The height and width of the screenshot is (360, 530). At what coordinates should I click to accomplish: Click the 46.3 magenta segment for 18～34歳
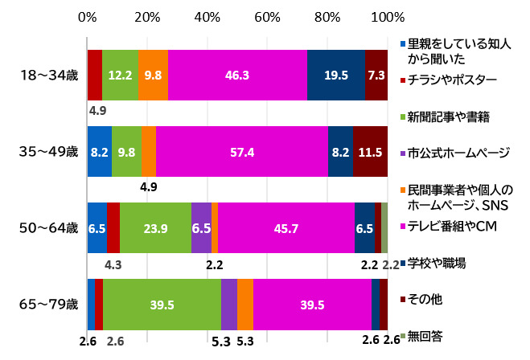[237, 75]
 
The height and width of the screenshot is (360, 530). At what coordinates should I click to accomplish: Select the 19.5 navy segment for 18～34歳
[335, 75]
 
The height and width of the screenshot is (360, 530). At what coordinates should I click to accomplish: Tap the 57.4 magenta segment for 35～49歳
[241, 150]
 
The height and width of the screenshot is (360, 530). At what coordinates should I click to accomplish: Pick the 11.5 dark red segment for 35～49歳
[370, 150]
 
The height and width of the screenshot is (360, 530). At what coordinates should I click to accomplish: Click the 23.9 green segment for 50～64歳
[155, 228]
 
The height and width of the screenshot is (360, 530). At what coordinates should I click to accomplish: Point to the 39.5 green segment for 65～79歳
[162, 304]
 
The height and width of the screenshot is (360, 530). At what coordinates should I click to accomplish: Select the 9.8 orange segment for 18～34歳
[153, 75]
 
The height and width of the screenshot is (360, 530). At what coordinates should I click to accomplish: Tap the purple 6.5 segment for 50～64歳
[201, 228]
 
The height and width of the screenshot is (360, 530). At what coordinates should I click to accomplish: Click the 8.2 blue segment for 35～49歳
[99, 150]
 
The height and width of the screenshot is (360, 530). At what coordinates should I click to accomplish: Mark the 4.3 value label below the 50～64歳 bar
[113, 264]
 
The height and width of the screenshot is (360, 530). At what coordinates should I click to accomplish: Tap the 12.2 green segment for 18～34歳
[120, 75]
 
